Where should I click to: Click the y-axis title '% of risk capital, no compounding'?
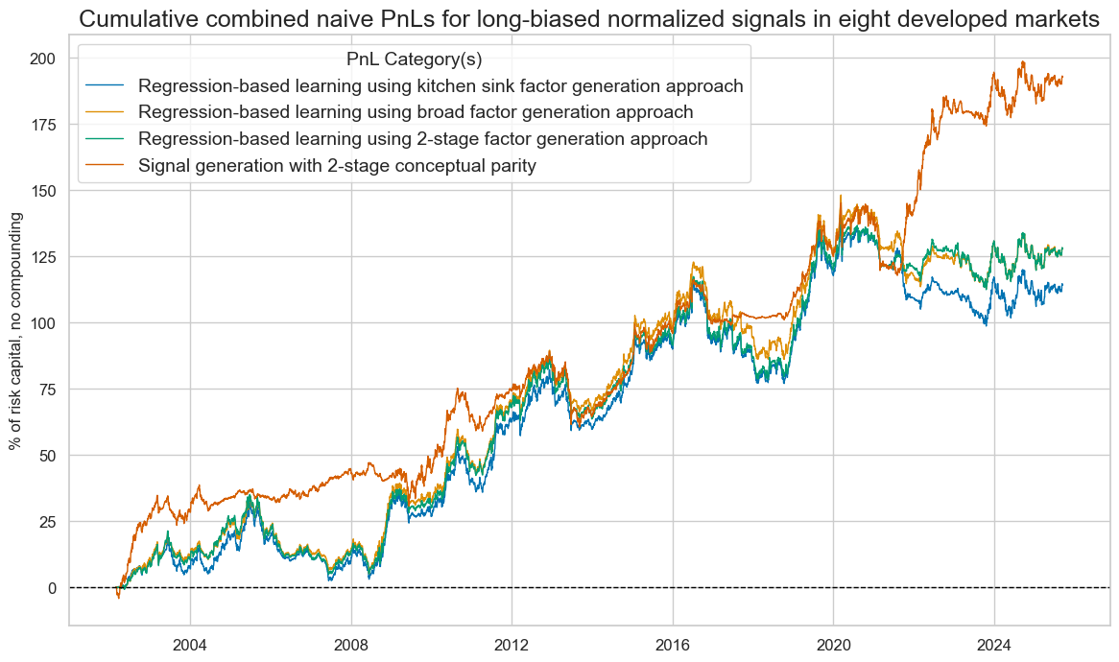[16, 331]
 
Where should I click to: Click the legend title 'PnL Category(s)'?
[414, 59]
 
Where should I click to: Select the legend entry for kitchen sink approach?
[440, 86]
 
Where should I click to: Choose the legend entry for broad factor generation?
[416, 112]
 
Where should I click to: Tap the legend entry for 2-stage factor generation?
[423, 139]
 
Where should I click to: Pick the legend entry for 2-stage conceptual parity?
[337, 165]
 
